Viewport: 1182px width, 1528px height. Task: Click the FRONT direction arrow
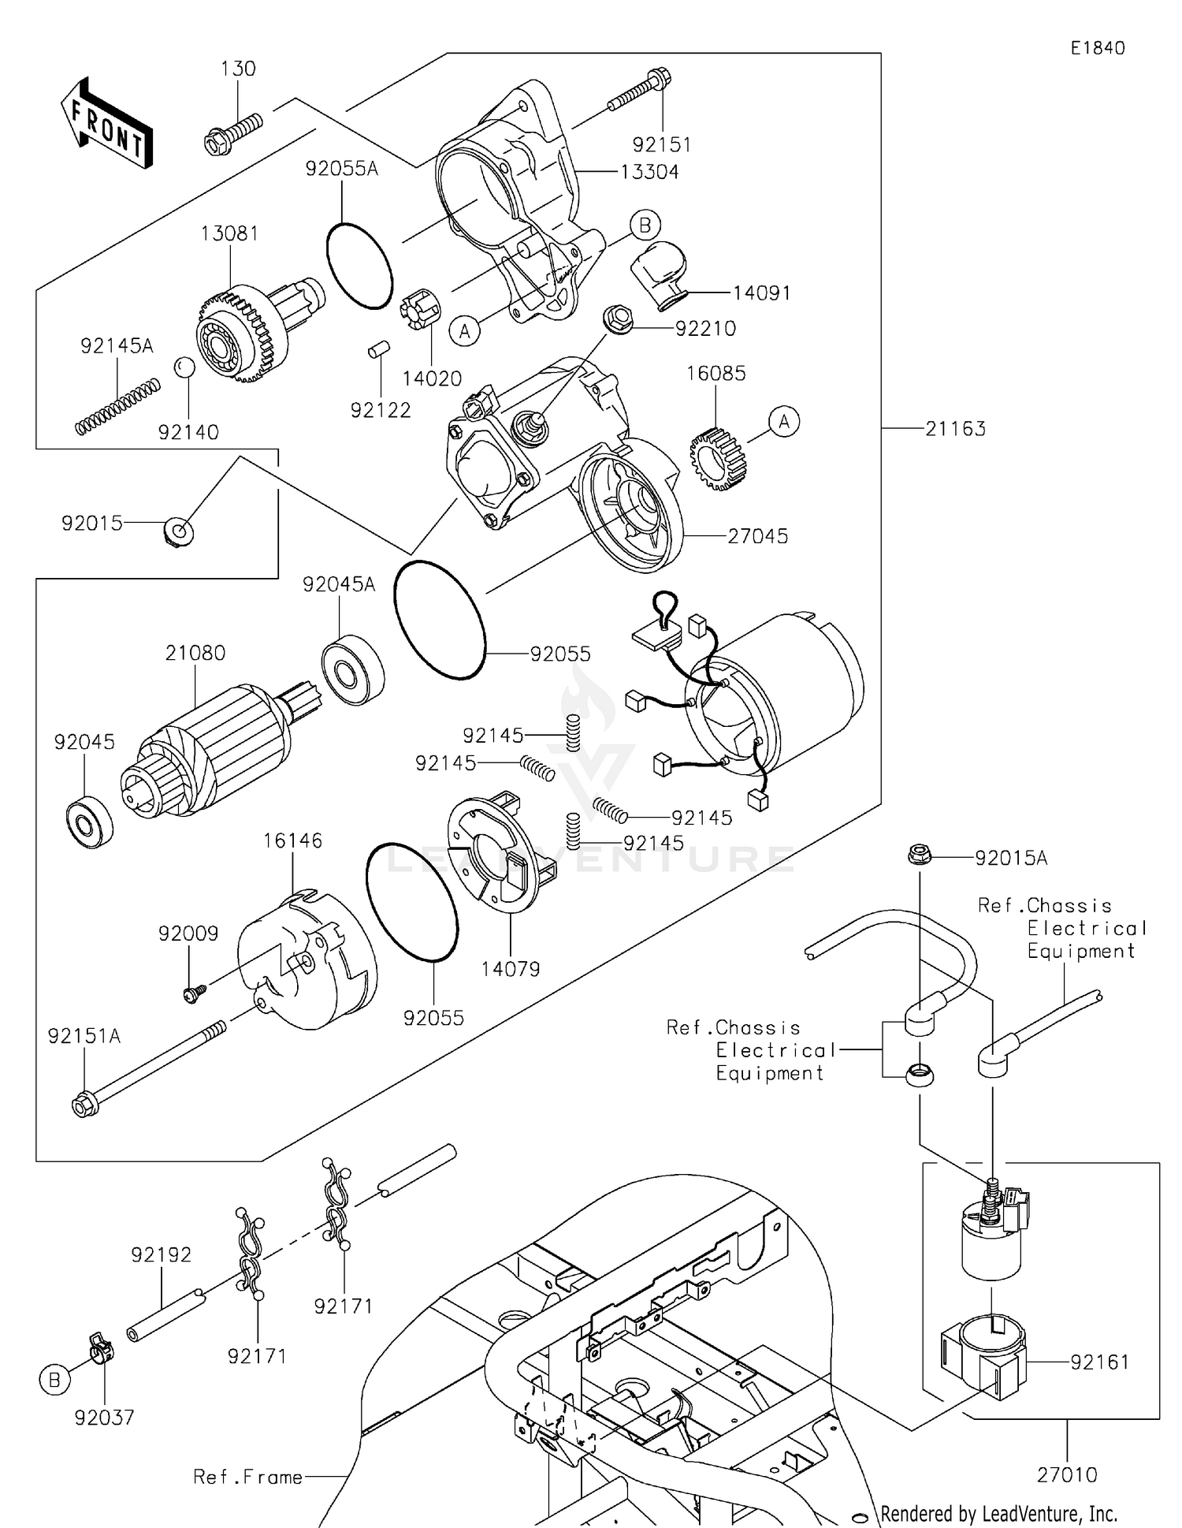point(106,124)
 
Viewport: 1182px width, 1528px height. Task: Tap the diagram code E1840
point(1097,48)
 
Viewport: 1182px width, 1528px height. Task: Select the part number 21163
point(955,429)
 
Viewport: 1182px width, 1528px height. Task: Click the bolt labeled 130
point(232,133)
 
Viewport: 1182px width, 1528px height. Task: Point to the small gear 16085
point(716,459)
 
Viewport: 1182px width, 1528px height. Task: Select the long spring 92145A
point(117,407)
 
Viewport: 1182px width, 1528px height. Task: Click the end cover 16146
point(307,962)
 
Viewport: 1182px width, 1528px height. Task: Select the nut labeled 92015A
point(919,855)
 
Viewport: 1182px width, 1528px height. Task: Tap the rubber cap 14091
point(659,271)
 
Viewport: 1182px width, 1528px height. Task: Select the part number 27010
point(1067,1474)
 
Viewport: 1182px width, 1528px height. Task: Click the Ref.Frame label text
point(247,1477)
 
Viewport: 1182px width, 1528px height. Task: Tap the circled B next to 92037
point(54,1381)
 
